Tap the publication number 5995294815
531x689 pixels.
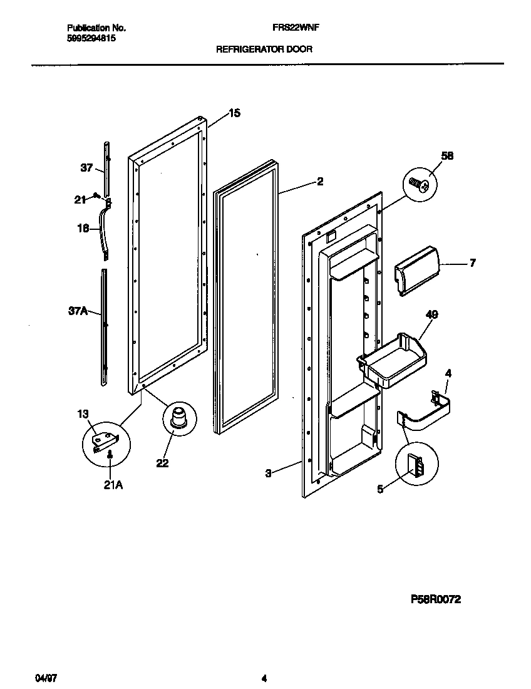[x=90, y=38]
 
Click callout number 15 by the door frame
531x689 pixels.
[x=234, y=113]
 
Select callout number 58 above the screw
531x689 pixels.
[x=447, y=155]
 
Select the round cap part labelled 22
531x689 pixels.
[x=179, y=418]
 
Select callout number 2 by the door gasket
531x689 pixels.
[x=320, y=182]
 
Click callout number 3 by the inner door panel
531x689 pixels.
[x=268, y=474]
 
